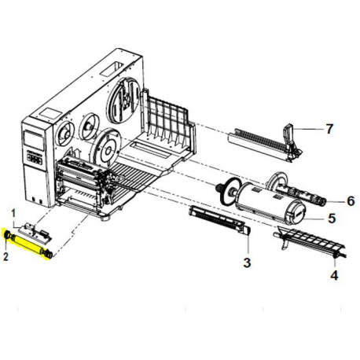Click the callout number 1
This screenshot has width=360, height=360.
coord(13,211)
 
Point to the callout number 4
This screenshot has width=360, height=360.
coord(334,274)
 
